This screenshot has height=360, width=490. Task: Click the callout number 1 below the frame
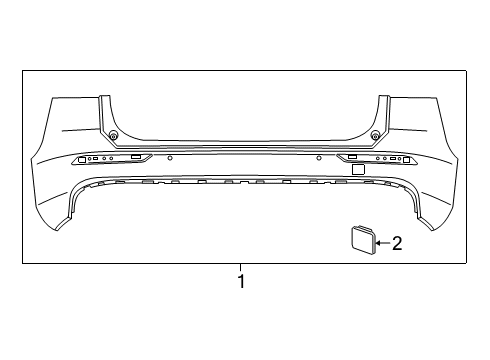(x=240, y=283)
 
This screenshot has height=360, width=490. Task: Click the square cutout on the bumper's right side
(x=357, y=171)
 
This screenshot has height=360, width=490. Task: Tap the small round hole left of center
(x=170, y=158)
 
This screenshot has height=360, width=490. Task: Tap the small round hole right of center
(x=318, y=158)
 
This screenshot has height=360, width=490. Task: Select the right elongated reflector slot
(x=381, y=159)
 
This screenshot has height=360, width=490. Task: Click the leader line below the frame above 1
(x=240, y=268)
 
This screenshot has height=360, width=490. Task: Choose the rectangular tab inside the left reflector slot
(x=135, y=157)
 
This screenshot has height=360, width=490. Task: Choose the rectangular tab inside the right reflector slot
(x=353, y=157)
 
